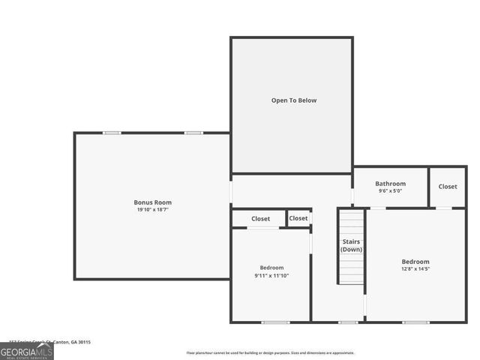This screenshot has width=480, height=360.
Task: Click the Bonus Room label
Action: click(153, 202)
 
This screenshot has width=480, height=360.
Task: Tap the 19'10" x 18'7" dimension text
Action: click(153, 210)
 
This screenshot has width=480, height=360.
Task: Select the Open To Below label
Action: click(292, 100)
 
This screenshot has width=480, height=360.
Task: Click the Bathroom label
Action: click(390, 184)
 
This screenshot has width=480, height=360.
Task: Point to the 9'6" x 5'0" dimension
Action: click(390, 191)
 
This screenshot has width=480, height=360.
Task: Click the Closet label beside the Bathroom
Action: click(448, 187)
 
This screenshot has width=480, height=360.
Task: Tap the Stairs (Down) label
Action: click(351, 244)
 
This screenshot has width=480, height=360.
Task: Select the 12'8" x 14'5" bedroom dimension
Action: click(415, 269)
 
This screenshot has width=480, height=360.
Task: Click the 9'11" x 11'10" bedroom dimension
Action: click(271, 275)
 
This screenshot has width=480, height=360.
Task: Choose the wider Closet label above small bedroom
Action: click(260, 219)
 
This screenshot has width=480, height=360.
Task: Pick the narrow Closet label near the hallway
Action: click(298, 218)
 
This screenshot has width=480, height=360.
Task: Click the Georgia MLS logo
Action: click(27, 350)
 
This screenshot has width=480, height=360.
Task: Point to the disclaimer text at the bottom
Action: click(271, 352)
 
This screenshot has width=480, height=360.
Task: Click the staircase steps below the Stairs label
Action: click(351, 270)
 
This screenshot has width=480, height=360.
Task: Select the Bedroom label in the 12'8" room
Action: click(415, 262)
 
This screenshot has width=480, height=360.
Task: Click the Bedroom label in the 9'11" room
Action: click(271, 268)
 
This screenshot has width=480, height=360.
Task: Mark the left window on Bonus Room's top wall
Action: click(112, 133)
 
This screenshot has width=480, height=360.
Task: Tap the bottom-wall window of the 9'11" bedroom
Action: click(275, 322)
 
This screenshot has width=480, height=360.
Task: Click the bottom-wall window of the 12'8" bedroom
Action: click(415, 322)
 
